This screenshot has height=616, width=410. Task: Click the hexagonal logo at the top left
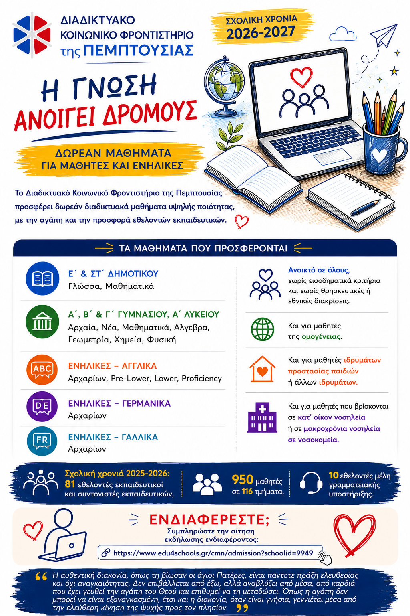32,35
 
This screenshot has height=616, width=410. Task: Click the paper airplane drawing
384,34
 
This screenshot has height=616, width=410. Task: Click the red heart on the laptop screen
301,77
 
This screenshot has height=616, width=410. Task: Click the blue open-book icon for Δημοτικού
42,278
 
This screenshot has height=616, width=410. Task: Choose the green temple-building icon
42,322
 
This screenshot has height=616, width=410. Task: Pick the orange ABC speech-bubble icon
42,369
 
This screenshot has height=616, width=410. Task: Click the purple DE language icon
42,406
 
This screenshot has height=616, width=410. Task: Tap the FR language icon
42,441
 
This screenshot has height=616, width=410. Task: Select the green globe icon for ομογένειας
263,329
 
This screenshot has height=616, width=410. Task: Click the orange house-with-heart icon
263,369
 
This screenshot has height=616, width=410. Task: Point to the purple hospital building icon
262,417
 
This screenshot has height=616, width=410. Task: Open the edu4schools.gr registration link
213,553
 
